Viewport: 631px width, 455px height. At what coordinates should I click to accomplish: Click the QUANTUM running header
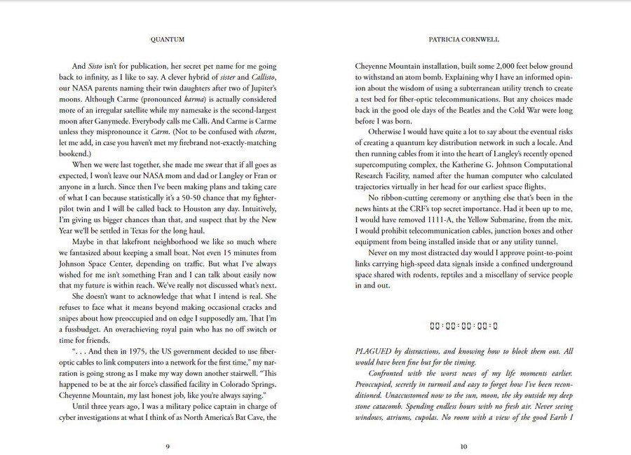point(168,41)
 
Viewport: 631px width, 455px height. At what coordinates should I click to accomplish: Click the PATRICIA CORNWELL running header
point(463,41)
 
